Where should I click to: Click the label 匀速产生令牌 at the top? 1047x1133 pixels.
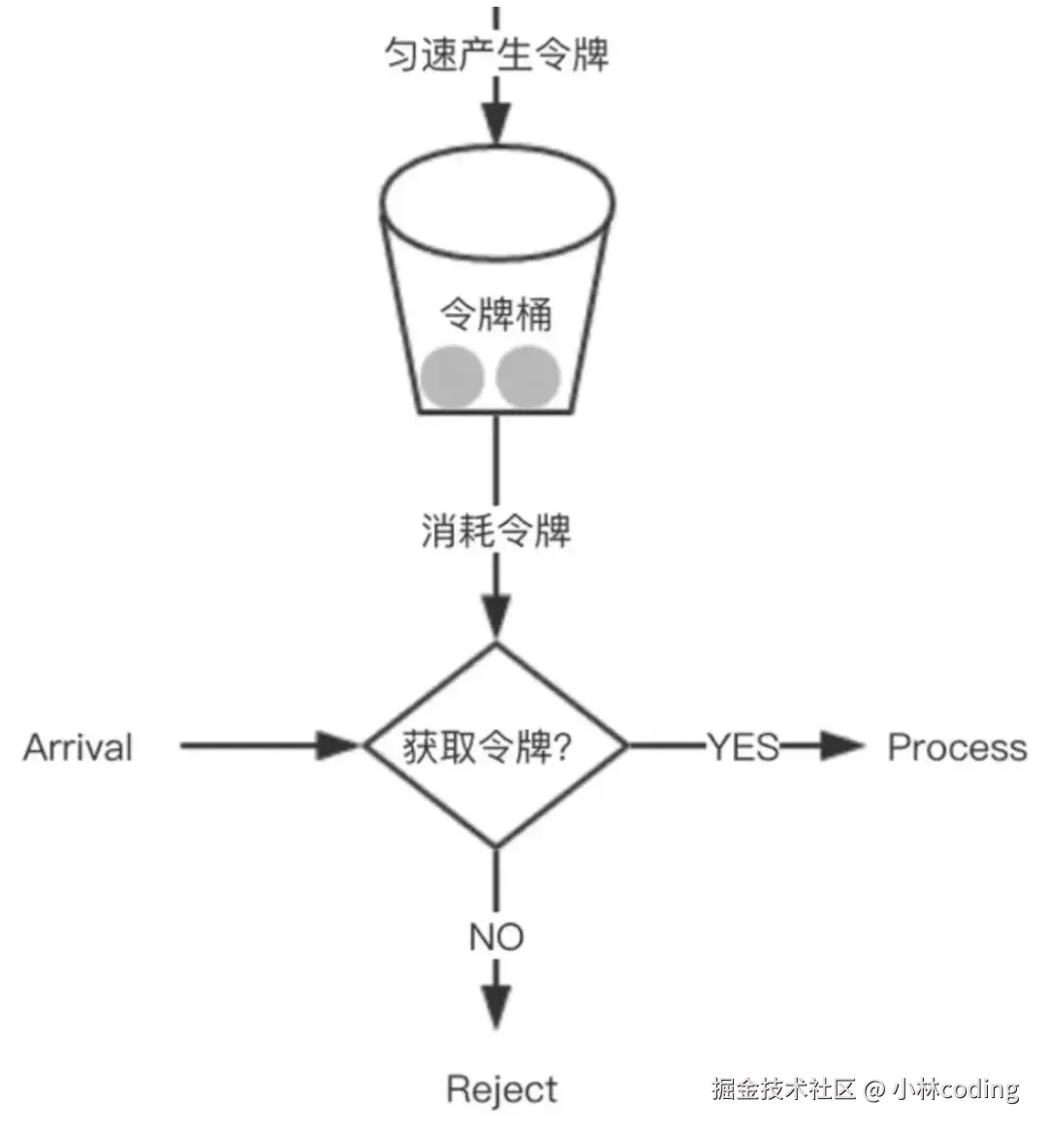[496, 53]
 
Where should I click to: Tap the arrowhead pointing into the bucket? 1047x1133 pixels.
[496, 124]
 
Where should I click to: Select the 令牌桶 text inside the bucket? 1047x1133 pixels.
[496, 314]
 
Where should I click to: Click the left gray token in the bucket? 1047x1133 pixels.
[452, 376]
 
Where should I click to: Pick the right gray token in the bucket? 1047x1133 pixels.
[528, 376]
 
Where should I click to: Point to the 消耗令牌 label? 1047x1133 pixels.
[496, 530]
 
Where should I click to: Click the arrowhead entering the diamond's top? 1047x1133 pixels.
[496, 616]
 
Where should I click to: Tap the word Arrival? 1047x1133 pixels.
[78, 747]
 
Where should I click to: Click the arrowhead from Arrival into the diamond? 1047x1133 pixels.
[339, 745]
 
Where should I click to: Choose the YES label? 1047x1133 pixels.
[744, 746]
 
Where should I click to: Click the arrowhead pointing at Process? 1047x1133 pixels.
[840, 745]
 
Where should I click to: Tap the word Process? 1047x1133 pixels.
[957, 747]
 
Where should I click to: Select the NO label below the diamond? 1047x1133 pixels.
[496, 936]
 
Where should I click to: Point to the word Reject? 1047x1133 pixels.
[502, 1089]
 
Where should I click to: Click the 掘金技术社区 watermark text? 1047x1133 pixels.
[784, 1089]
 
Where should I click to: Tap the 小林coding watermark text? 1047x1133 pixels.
[955, 1089]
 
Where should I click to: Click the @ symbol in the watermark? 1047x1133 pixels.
[873, 1089]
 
